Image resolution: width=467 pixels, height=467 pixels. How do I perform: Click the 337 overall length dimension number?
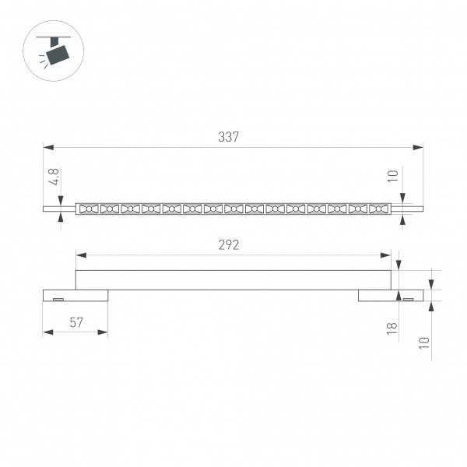tap(228, 137)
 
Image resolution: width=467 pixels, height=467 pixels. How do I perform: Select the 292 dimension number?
tap(228, 244)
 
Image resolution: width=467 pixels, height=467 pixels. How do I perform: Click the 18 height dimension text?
tap(392, 328)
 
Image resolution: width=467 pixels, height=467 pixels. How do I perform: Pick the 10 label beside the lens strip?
tap(393, 177)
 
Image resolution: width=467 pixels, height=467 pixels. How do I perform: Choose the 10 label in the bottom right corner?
tap(424, 343)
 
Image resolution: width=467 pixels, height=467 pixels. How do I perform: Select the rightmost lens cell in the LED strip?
tap(377, 209)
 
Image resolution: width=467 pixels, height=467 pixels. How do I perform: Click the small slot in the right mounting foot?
tap(407, 298)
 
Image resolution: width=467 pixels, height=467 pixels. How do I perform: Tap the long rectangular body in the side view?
tap(233, 279)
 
